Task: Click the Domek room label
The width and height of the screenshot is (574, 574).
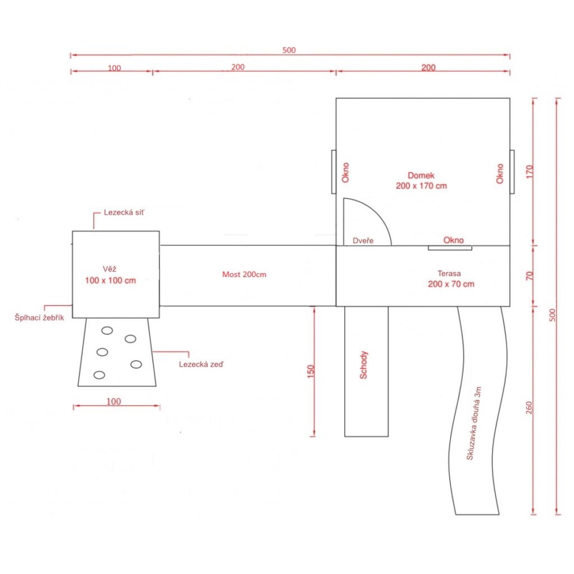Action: pyautogui.click(x=422, y=180)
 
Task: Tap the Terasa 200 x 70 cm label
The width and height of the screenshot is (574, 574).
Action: pyautogui.click(x=451, y=279)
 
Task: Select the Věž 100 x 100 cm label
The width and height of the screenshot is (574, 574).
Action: pyautogui.click(x=110, y=275)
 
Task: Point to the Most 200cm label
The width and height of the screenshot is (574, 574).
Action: pyautogui.click(x=244, y=274)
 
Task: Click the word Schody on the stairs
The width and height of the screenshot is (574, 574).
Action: pyautogui.click(x=363, y=365)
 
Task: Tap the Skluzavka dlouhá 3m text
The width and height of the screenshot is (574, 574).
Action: pyautogui.click(x=474, y=423)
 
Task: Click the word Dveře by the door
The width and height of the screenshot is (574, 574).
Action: pyautogui.click(x=363, y=240)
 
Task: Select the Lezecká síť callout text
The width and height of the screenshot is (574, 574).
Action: pyautogui.click(x=124, y=212)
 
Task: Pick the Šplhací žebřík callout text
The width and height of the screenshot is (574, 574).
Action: pyautogui.click(x=39, y=317)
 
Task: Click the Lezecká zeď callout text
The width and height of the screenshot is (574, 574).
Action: pyautogui.click(x=201, y=364)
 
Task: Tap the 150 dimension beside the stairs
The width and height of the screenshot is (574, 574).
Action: pyautogui.click(x=311, y=371)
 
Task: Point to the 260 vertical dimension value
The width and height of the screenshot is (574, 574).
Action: pyautogui.click(x=529, y=408)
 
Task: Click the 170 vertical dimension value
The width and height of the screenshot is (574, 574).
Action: pyautogui.click(x=530, y=172)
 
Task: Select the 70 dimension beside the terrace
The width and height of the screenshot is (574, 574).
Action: pyautogui.click(x=529, y=276)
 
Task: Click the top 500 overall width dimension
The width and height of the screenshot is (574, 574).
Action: pyautogui.click(x=289, y=50)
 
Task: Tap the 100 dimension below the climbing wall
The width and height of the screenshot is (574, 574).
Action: pyautogui.click(x=113, y=401)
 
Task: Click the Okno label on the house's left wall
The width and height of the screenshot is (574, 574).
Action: pyautogui.click(x=345, y=173)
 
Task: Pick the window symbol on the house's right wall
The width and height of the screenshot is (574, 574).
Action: pyautogui.click(x=512, y=172)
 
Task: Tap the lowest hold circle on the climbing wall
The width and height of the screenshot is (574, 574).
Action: pyautogui.click(x=99, y=375)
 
